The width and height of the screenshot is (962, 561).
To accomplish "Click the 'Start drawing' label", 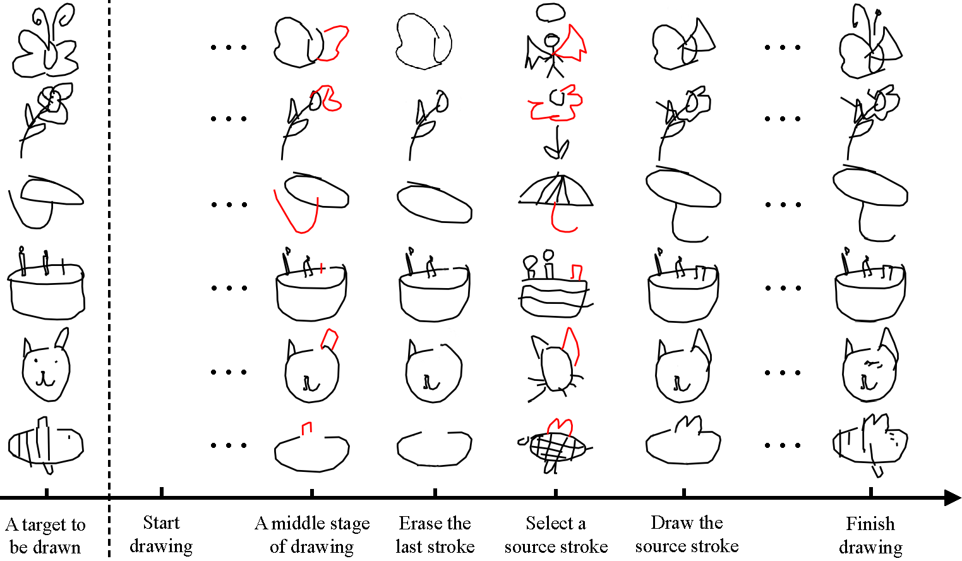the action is click(161, 534).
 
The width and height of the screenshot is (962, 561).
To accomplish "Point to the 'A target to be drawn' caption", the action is click(45, 536).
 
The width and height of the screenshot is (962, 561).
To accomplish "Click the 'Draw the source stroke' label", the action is click(687, 534).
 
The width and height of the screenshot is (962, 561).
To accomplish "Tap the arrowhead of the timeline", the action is click(952, 498).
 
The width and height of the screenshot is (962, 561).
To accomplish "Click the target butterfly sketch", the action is click(45, 41).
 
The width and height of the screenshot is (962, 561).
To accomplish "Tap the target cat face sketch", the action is click(45, 365).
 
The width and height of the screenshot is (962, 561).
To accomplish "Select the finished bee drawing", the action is click(870, 445).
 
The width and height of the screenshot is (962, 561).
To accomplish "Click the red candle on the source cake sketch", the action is click(577, 272).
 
